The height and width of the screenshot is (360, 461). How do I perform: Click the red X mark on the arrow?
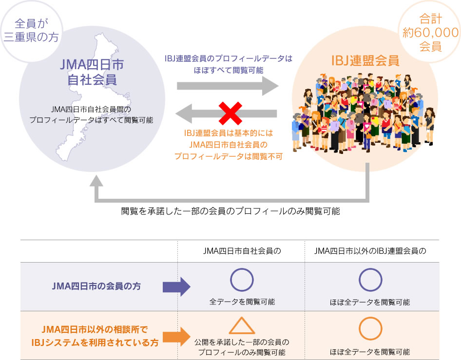230,114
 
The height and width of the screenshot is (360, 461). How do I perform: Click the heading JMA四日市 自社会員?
92,72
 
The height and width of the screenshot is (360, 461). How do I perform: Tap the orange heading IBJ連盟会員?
365,60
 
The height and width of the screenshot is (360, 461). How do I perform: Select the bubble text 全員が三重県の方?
31,30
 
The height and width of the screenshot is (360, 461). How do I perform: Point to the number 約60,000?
430,32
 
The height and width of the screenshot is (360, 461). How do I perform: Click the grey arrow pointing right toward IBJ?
228,86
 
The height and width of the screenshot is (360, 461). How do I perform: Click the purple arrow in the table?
176,286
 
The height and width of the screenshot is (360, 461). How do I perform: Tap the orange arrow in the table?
176,337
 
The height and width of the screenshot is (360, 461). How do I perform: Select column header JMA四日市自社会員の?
242,251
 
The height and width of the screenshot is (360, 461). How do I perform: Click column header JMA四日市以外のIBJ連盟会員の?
370,251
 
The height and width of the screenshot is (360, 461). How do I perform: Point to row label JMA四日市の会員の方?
96,286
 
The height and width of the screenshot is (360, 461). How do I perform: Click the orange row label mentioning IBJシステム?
95,336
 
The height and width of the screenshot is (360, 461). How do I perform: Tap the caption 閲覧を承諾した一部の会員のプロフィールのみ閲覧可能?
230,211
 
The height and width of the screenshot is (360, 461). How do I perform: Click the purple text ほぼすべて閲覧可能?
229,70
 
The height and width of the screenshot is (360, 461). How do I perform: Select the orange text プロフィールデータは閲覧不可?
229,156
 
